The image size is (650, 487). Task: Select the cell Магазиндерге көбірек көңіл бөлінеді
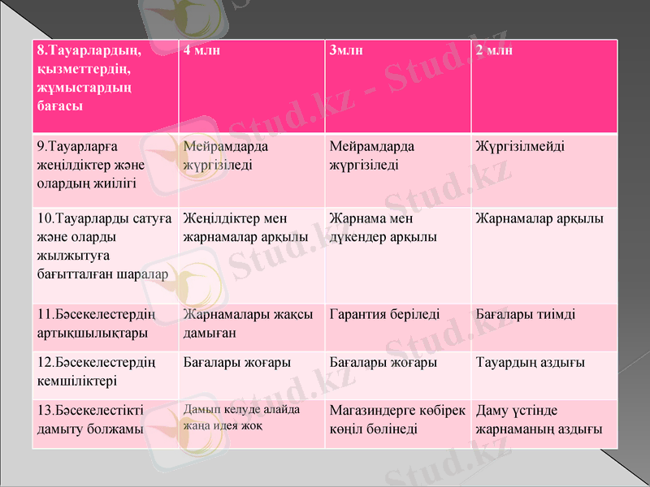pyautogui.click(x=397, y=419)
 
